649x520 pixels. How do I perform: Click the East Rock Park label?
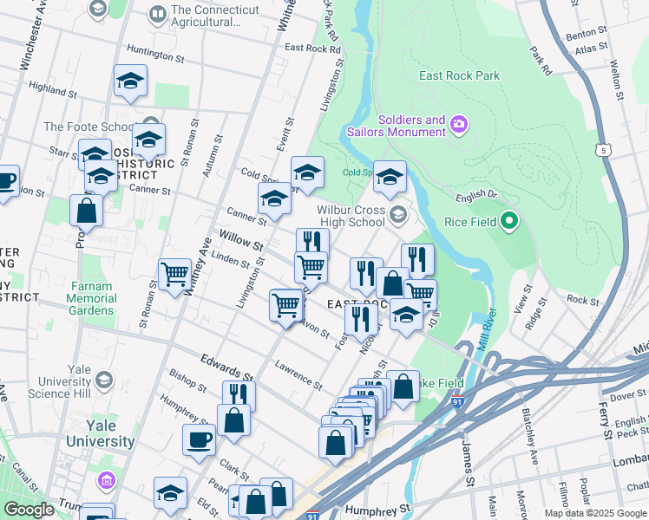(x=459, y=75)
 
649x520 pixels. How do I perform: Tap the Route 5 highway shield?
(x=602, y=151)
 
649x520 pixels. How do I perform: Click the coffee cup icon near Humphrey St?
(x=199, y=439)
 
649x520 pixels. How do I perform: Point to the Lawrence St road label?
(x=298, y=374)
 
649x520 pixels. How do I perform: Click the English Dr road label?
(x=475, y=196)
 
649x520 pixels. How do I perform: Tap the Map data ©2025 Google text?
(x=594, y=513)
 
